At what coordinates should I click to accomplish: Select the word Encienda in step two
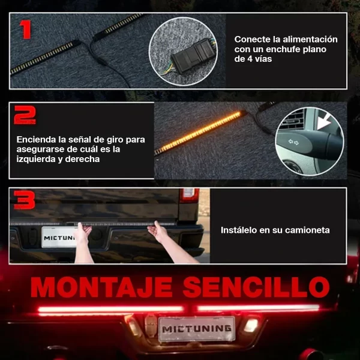(x=37, y=139)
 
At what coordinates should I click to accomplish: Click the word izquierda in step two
(x=37, y=160)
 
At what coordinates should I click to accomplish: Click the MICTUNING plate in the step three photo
(x=59, y=238)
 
